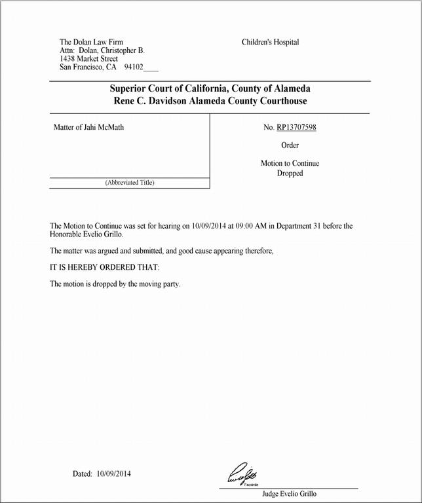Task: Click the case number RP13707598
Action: tap(296, 128)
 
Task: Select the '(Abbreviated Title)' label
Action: tap(130, 183)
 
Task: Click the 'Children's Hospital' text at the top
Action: tap(270, 43)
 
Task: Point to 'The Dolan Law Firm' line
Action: tap(91, 43)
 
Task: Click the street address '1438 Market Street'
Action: tap(88, 59)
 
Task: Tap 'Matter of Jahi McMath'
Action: tap(88, 128)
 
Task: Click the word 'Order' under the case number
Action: tap(290, 145)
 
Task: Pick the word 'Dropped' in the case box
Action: tap(290, 174)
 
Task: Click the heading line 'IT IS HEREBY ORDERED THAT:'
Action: tap(105, 268)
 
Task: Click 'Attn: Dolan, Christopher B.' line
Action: tap(102, 50)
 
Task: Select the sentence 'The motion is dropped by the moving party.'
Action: tap(115, 284)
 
